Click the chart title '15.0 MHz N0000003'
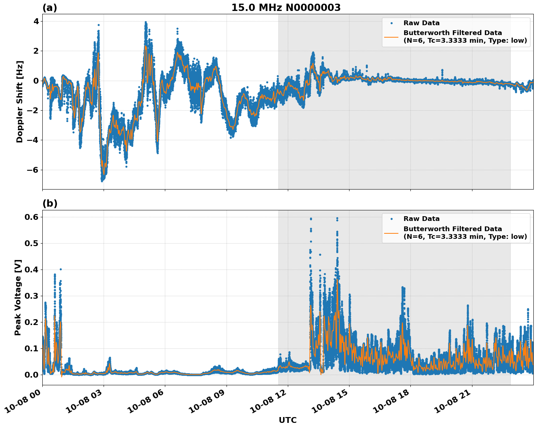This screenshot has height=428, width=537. click(286, 8)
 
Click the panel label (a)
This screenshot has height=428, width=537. click(50, 8)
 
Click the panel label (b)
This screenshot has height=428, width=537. click(50, 204)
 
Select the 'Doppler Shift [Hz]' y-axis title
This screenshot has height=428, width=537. click(20, 102)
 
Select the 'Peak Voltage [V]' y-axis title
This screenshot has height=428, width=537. click(18, 297)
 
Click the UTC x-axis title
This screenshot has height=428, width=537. click(287, 420)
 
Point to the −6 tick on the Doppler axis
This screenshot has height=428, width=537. click(32, 170)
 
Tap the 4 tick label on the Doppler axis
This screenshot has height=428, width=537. click(36, 21)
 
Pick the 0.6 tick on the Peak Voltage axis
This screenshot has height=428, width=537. click(31, 217)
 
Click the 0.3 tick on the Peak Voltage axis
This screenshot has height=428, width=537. click(31, 296)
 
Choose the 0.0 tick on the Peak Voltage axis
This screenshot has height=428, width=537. click(31, 375)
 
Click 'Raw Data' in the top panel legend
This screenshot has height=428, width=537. click(421, 23)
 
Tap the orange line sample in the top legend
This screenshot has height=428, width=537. click(391, 37)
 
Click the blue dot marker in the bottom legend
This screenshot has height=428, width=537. click(391, 219)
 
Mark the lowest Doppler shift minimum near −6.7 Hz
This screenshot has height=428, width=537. click(102, 180)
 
